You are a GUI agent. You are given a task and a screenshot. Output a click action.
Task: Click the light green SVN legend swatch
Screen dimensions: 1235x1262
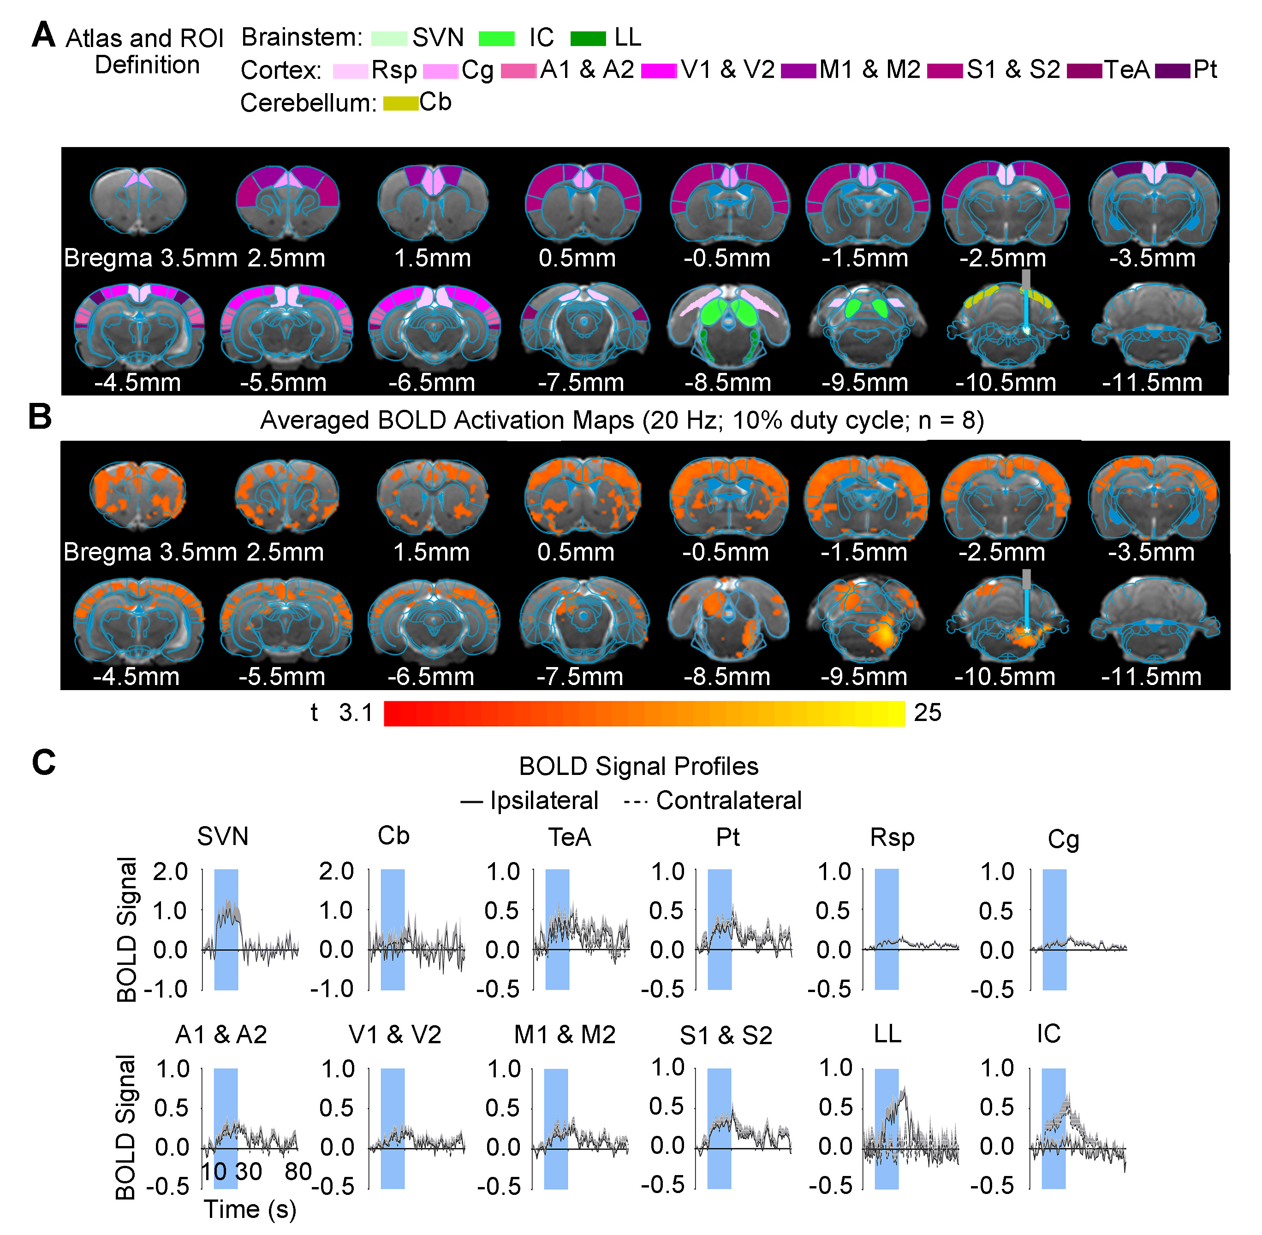(x=389, y=38)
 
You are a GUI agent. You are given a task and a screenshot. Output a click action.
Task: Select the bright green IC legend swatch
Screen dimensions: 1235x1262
(x=496, y=38)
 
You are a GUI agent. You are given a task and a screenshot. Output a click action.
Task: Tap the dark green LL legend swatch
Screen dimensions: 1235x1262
(x=588, y=38)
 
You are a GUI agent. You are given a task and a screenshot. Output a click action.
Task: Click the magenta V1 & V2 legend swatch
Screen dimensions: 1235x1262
(x=659, y=71)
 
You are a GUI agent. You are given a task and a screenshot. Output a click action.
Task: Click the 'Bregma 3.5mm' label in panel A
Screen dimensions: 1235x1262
(x=150, y=258)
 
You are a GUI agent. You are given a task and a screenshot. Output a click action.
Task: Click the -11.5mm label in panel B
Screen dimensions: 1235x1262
(x=1151, y=677)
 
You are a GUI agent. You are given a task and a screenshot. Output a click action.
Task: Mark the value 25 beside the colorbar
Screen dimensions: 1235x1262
(x=927, y=713)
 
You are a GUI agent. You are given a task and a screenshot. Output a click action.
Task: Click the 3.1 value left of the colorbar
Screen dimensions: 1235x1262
(x=356, y=713)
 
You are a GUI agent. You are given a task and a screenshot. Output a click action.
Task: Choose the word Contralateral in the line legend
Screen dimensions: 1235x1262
(x=729, y=800)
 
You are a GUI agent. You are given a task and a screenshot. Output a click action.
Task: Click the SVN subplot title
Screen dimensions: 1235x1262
(x=222, y=837)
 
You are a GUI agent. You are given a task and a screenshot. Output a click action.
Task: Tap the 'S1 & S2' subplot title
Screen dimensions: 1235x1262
(x=726, y=1035)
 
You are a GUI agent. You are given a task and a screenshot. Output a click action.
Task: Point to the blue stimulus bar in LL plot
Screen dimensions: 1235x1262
(x=887, y=1129)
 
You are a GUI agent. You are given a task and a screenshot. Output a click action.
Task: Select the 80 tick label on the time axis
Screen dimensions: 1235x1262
(x=298, y=1171)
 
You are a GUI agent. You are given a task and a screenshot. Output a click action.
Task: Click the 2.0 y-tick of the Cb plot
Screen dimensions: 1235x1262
(x=336, y=871)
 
